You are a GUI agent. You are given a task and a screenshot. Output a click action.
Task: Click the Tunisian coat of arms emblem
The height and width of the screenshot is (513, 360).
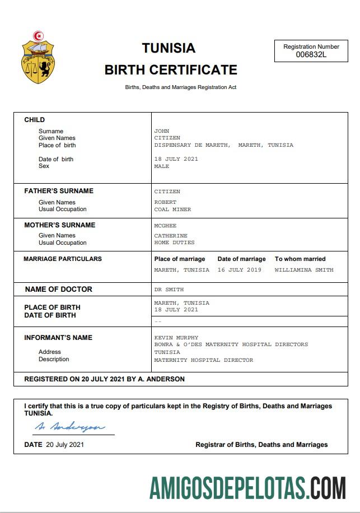38,58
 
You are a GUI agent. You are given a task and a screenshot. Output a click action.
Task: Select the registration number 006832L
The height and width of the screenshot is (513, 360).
311,54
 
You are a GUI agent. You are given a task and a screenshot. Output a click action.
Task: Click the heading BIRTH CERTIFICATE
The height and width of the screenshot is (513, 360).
171,70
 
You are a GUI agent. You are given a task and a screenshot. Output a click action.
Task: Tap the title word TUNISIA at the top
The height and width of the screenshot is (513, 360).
169,48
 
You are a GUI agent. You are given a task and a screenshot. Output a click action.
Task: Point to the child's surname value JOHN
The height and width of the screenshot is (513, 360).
162,131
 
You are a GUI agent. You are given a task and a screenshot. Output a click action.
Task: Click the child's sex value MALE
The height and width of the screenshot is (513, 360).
162,166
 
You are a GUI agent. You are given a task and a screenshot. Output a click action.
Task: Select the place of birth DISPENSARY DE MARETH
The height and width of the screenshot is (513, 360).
191,145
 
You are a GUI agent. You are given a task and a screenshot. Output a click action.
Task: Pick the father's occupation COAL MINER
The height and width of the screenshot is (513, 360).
172,209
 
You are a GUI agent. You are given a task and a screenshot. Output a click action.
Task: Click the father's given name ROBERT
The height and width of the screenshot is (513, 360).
165,202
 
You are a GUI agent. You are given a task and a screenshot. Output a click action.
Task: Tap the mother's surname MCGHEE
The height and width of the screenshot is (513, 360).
165,225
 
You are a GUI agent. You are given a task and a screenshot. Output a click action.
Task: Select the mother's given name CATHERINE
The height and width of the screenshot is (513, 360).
171,236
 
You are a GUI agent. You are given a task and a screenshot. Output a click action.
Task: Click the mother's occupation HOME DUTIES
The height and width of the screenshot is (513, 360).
174,242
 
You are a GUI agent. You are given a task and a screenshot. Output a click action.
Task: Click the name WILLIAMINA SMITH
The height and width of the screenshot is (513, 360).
303,270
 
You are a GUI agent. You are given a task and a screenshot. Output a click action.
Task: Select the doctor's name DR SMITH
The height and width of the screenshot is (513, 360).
169,290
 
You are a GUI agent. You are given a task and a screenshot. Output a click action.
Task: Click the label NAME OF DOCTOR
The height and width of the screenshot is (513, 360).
58,290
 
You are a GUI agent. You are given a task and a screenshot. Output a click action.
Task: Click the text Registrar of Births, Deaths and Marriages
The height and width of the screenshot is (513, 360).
261,445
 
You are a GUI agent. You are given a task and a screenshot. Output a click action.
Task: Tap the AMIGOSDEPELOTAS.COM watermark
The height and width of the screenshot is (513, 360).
247,488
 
